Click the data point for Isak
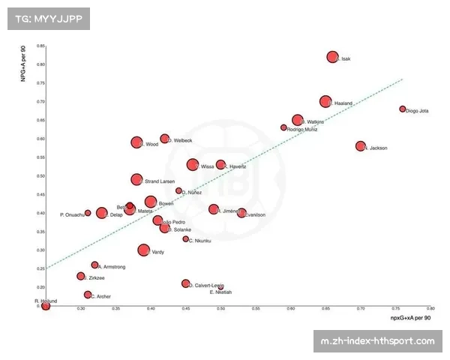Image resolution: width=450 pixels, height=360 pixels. pos(333,57)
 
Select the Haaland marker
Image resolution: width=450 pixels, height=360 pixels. pos(325,101)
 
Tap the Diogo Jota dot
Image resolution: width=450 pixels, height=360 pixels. pos(403,109)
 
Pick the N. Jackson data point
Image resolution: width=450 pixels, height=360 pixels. pos(361,146)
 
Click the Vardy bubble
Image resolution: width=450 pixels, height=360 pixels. pos(144,250)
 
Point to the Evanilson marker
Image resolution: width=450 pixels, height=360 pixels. pos(241,213)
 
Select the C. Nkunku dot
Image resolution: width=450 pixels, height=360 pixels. pos(186,238)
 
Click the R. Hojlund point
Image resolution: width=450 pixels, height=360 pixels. pos(46,305)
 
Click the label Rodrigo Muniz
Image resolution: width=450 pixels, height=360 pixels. pos(302,130)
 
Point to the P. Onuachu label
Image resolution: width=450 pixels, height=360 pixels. pos(72,215)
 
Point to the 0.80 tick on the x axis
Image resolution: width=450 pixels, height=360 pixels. pos(430,308)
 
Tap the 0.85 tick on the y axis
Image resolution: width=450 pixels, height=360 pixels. pos(40,46)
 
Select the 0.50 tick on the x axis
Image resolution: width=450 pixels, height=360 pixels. pos(220,308)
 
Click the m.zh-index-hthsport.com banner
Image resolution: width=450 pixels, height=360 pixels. pos(377,341)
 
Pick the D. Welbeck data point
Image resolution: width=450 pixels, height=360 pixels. pos(164,139)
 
